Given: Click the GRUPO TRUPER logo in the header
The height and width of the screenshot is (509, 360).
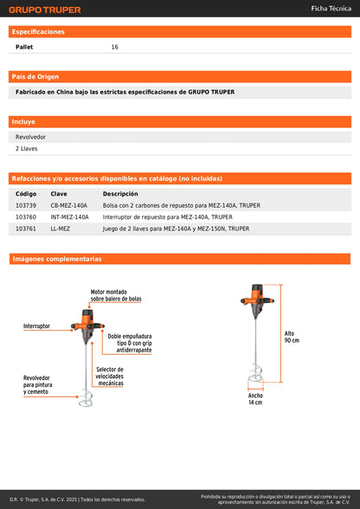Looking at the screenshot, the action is tap(45, 10).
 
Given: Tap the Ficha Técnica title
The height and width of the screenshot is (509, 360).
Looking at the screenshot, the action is tap(331, 9).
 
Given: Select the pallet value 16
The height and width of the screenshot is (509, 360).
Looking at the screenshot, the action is tap(114, 47).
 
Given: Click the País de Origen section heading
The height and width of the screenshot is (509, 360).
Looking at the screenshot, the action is tap(35, 77).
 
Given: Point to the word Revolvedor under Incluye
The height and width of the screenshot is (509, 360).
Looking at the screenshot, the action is tap(30, 137).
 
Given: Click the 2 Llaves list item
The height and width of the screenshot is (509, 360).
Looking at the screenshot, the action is tap(26, 149).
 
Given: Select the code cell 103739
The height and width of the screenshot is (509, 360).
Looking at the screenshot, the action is tap(26, 205).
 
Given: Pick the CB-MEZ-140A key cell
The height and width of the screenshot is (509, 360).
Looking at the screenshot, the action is tap(69, 205).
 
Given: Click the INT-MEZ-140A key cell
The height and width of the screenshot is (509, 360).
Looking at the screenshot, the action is tap(69, 217).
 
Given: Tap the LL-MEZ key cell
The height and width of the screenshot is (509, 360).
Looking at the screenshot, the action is tap(60, 229).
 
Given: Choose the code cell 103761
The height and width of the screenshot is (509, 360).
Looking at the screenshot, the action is tap(26, 229).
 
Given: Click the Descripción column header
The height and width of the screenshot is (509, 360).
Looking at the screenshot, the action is tap(120, 194).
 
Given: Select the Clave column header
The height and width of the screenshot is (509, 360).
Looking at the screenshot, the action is tap(59, 194).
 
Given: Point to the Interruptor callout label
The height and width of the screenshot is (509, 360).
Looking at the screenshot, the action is tap(36, 325).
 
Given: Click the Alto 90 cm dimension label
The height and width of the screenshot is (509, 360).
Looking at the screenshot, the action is tap(292, 337).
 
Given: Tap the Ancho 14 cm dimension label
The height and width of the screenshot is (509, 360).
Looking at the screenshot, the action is tap(255, 399).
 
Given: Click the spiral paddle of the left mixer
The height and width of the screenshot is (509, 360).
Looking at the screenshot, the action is tap(86, 399).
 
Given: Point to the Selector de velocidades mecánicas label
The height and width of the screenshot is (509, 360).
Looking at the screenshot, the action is tap(109, 377).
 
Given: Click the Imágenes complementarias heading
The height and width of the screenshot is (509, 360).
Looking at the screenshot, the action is tap(57, 259).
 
